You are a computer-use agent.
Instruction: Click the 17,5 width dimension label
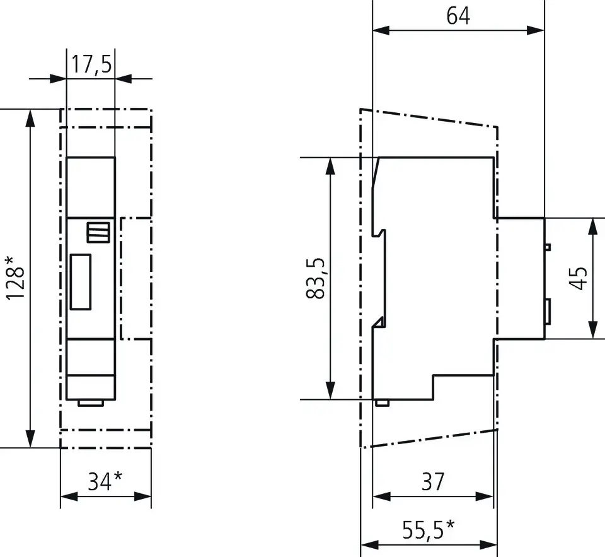pyautogui.click(x=91, y=64)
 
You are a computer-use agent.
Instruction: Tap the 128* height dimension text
pyautogui.click(x=15, y=278)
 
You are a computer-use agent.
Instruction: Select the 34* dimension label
pyautogui.click(x=105, y=481)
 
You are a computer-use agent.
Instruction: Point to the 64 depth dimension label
pyautogui.click(x=458, y=16)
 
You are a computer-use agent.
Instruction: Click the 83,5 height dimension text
pyautogui.click(x=316, y=278)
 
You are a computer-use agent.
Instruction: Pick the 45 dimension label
pyautogui.click(x=578, y=278)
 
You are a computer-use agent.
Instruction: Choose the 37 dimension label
pyautogui.click(x=433, y=481)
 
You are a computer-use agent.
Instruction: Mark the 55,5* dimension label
pyautogui.click(x=429, y=529)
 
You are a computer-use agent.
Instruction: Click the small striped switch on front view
pyautogui.click(x=98, y=232)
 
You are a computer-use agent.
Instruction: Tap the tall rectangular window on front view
pyautogui.click(x=81, y=282)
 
